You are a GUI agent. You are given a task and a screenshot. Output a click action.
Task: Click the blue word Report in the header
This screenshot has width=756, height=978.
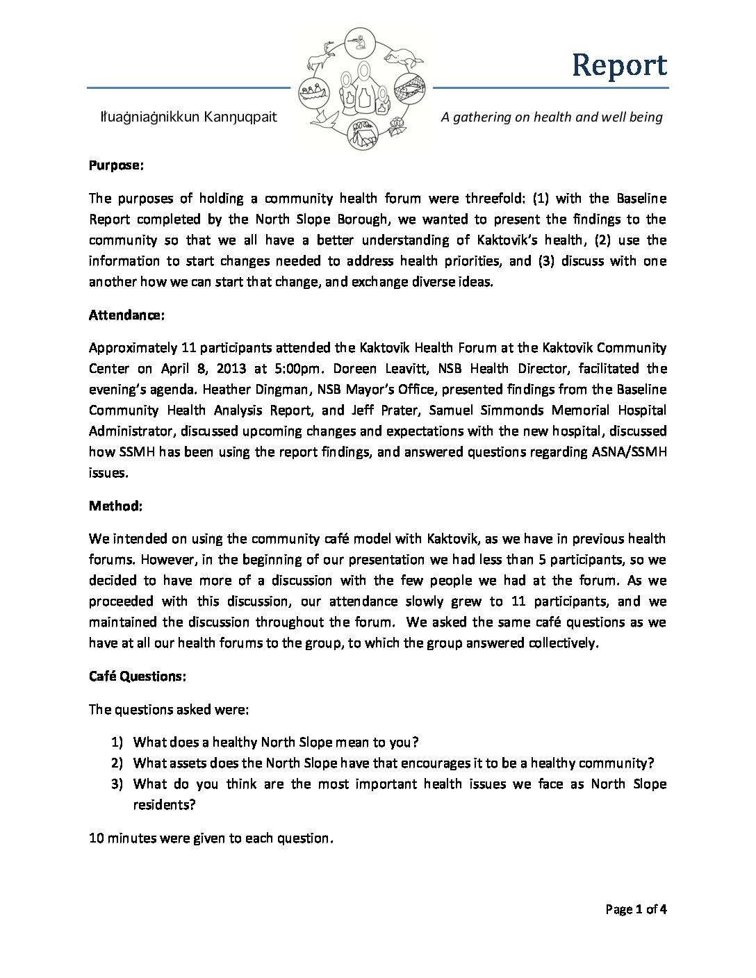pyautogui.click(x=619, y=65)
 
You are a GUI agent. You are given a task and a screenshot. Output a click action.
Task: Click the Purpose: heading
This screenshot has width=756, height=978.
pyautogui.click(x=116, y=166)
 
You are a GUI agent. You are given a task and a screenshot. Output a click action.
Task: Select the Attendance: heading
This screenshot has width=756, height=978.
pyautogui.click(x=126, y=315)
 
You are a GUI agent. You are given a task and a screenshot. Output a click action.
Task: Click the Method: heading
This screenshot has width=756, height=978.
pyautogui.click(x=115, y=506)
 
